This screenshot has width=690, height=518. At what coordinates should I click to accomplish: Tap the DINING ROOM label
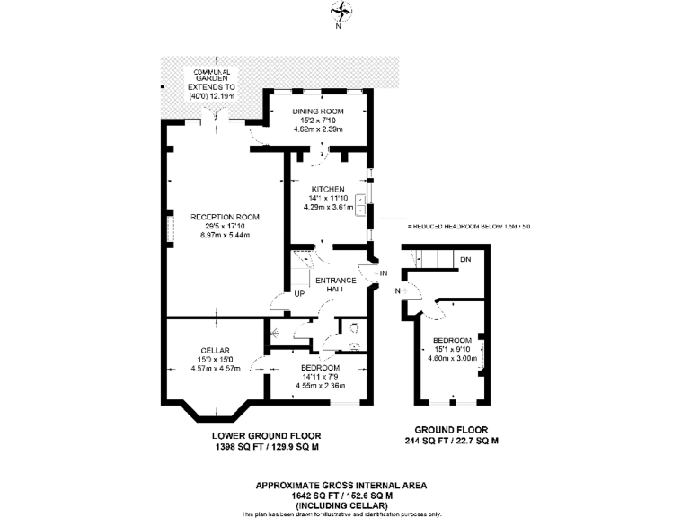320,111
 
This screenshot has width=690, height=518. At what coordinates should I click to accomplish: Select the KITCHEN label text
323,189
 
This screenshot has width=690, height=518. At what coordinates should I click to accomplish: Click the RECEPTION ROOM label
225,217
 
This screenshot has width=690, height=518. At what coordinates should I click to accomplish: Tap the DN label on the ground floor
465,260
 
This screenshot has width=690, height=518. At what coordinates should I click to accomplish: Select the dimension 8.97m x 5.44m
225,235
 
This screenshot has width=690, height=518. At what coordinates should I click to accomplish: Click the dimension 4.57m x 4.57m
217,368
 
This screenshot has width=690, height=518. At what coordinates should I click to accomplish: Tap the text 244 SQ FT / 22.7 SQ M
451,442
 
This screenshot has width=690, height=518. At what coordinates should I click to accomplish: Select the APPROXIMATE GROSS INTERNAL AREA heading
341,485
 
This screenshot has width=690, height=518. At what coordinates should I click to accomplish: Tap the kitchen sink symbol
359,206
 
